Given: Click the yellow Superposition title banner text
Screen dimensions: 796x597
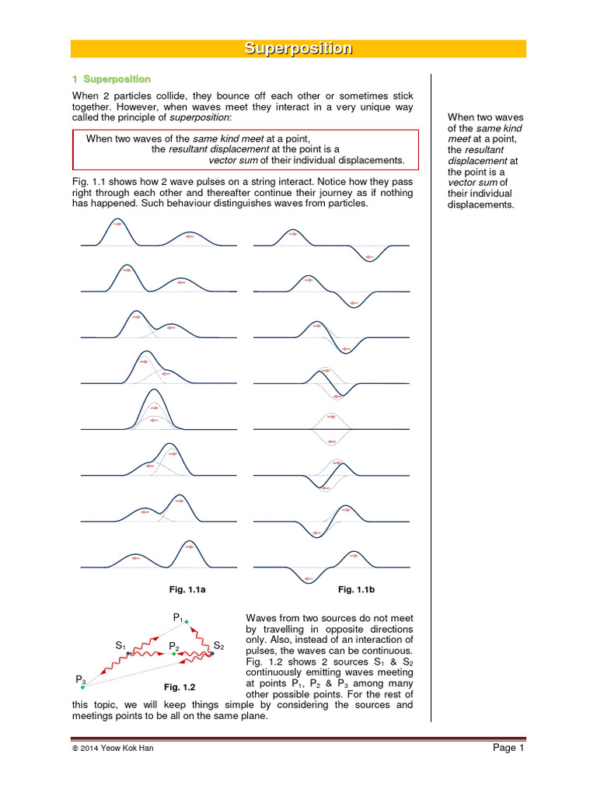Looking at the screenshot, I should pyautogui.click(x=298, y=48).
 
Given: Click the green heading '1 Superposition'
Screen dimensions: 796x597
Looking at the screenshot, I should pyautogui.click(x=111, y=79).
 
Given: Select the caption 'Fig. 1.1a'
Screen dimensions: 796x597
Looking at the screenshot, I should pyautogui.click(x=187, y=591).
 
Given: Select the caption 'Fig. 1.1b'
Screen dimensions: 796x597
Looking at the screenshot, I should pyautogui.click(x=357, y=591).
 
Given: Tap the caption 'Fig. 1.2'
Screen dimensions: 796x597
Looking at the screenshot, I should pyautogui.click(x=179, y=687).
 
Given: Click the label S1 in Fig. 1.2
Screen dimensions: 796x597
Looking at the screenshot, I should pyautogui.click(x=120, y=645).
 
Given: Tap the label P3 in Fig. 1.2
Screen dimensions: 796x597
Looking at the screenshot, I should pyautogui.click(x=81, y=679).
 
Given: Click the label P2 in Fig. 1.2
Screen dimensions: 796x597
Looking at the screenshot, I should pyautogui.click(x=174, y=646).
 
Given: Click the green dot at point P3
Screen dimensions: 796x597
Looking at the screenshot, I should pyautogui.click(x=82, y=687).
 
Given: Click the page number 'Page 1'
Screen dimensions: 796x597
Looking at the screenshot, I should pyautogui.click(x=509, y=748).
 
